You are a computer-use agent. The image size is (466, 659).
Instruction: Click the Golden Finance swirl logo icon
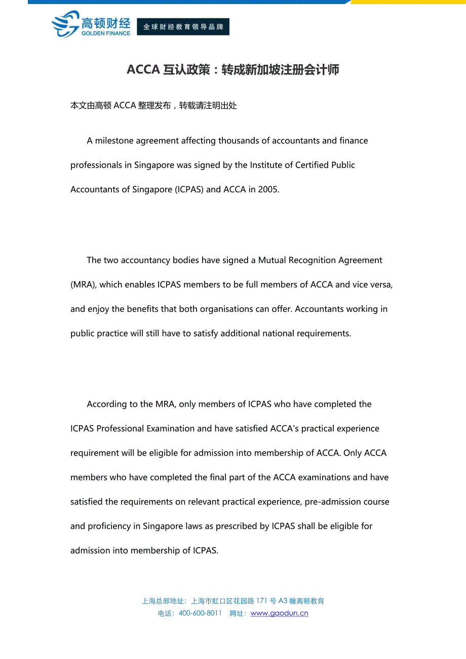pos(65,24)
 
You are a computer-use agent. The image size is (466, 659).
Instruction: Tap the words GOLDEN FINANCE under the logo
pos(106,33)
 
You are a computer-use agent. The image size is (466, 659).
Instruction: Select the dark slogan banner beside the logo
pos(183,27)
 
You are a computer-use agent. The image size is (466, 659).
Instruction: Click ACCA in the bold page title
pos(143,70)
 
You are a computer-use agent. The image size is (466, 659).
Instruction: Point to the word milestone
pos(118,141)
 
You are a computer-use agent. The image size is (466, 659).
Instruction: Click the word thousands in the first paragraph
pos(239,141)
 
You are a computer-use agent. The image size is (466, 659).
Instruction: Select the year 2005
pos(268,190)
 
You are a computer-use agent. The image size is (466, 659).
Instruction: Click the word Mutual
pos(272,260)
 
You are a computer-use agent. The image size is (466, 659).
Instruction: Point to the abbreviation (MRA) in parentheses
pos(83,284)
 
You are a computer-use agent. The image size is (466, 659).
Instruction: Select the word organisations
pos(227,309)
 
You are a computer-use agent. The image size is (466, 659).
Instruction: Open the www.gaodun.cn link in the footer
pos(279,613)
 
